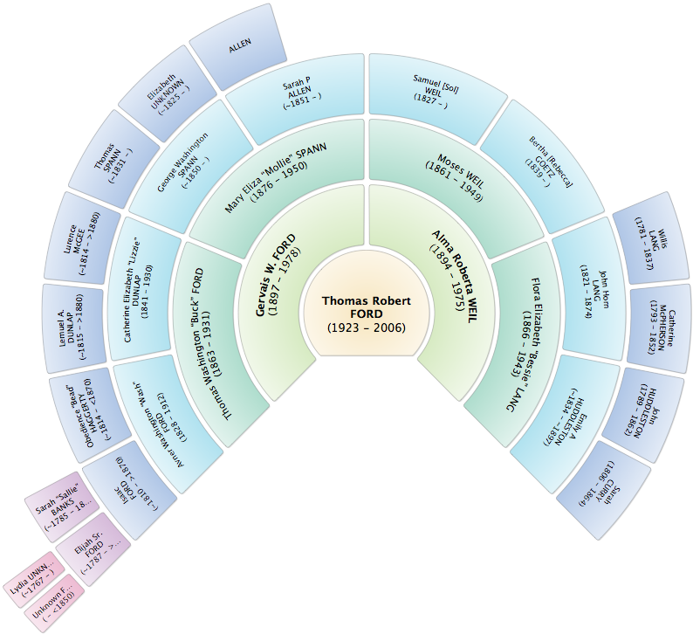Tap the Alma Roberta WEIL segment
coord(450,276)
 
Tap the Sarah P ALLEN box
coord(297,97)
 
